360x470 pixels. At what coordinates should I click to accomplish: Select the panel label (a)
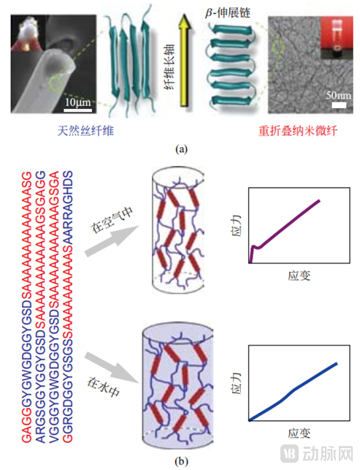point(180,149)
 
